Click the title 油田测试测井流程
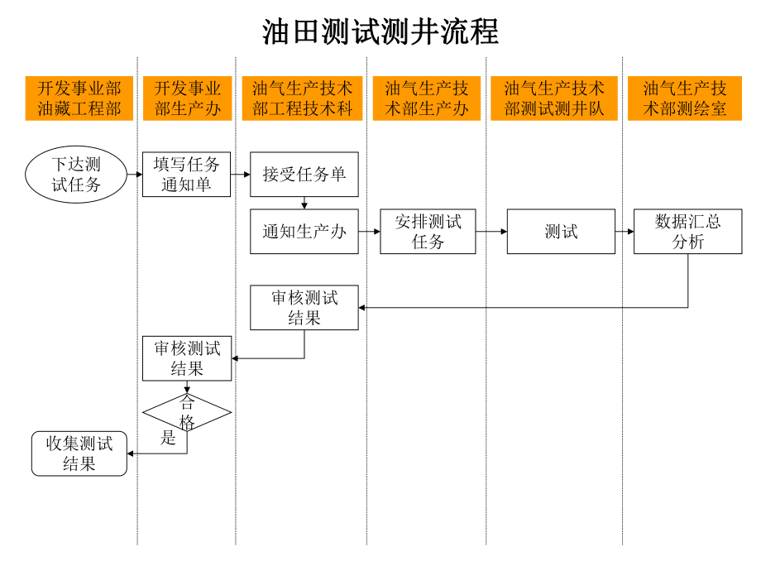pyautogui.click(x=380, y=31)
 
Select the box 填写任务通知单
pyautogui.click(x=186, y=175)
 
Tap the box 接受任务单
pyautogui.click(x=304, y=175)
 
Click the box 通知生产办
pyautogui.click(x=304, y=232)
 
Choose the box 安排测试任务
pyautogui.click(x=428, y=232)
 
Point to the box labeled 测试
pyautogui.click(x=561, y=232)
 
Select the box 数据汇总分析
pyautogui.click(x=687, y=232)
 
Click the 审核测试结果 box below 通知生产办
pyautogui.click(x=304, y=308)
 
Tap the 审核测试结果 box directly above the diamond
pyautogui.click(x=187, y=358)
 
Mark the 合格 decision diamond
pyautogui.click(x=187, y=412)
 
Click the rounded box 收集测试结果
pyautogui.click(x=79, y=453)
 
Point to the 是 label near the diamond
pyautogui.click(x=169, y=439)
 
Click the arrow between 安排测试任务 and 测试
pyautogui.click(x=491, y=232)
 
